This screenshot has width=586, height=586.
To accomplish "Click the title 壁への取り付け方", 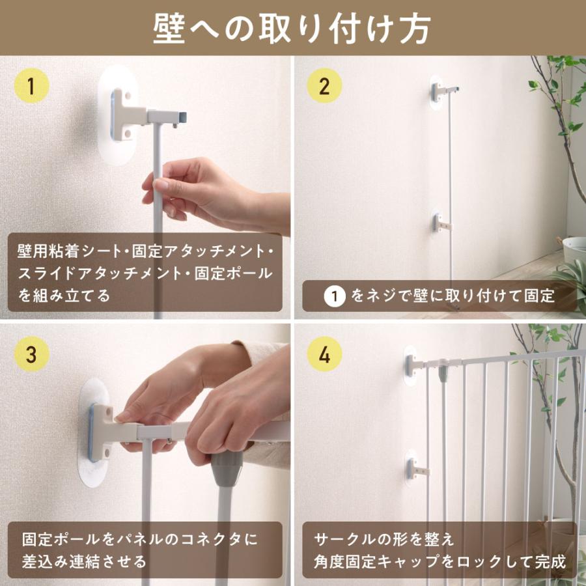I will pos(292,27).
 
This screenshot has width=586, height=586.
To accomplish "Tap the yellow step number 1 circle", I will pos(31,86).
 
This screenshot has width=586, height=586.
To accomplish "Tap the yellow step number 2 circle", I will pos(324,85).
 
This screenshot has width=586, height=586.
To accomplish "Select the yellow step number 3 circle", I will pos(31,355).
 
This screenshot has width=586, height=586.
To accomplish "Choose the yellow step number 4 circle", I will pos(324,355).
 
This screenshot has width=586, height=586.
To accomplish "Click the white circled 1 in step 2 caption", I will pos(334,296).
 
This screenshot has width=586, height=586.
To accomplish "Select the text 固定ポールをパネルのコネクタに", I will pos(140,539).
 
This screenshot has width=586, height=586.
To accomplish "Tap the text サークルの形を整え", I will pos(384,539).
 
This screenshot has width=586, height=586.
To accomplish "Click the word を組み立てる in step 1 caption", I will pos(64,295).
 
